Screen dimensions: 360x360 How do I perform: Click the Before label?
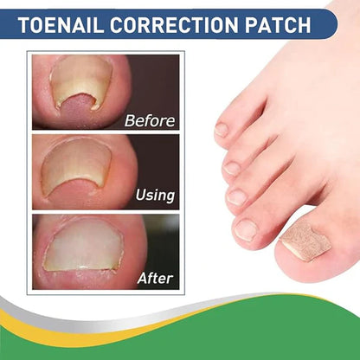point(149,120)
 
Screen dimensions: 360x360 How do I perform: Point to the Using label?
point(154,196)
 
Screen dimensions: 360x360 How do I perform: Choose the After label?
point(155,279)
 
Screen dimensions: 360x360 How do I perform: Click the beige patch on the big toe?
point(308,241)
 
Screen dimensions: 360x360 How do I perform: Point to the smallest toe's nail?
point(222,130)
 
